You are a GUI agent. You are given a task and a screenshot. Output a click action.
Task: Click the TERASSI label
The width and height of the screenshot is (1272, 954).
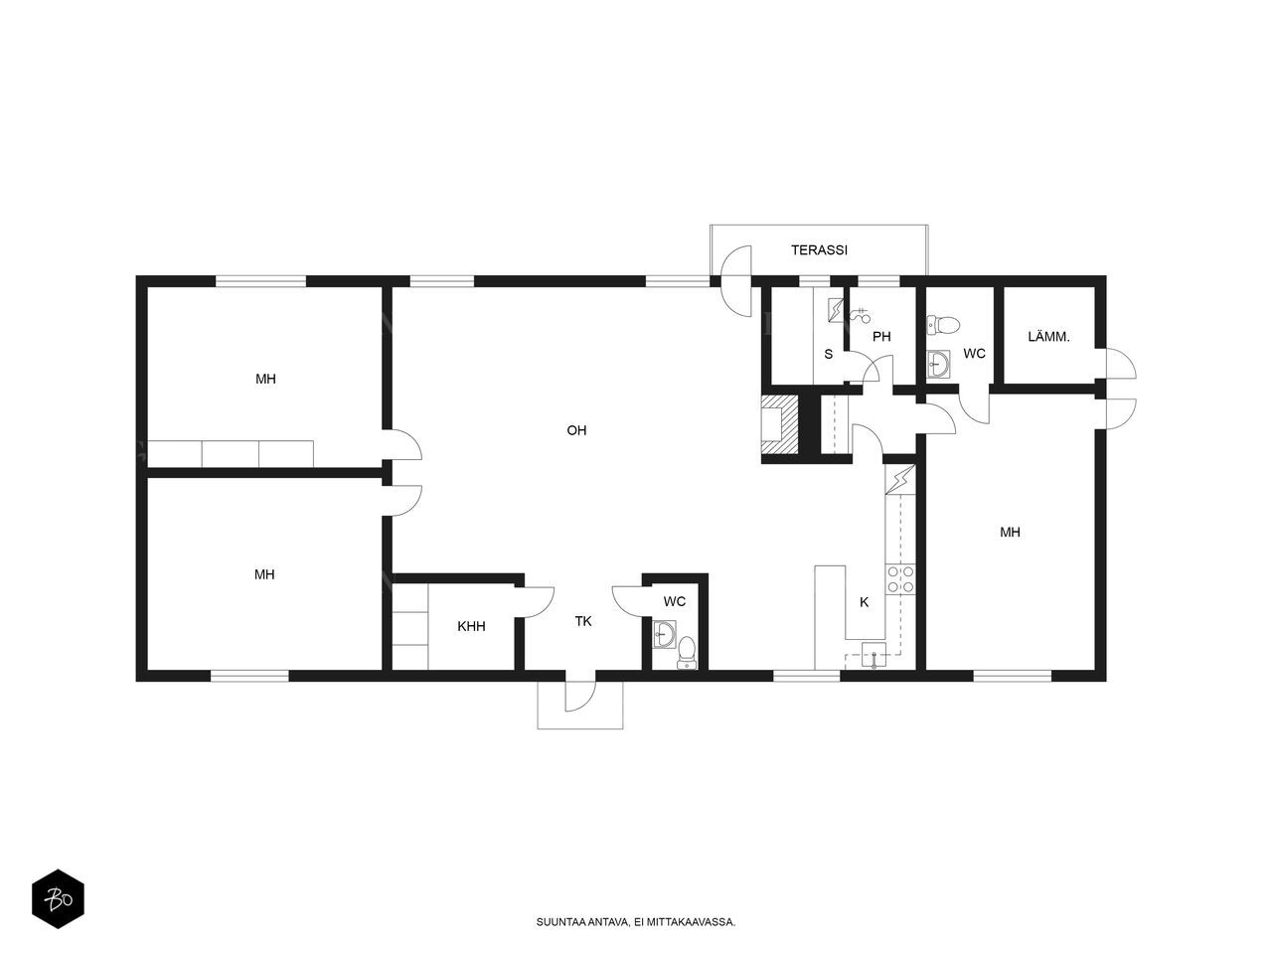[x=819, y=250]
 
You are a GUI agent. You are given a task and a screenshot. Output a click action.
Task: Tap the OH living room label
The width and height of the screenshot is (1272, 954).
[x=576, y=430]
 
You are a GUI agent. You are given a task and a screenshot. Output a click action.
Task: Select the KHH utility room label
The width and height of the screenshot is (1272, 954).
[x=471, y=626]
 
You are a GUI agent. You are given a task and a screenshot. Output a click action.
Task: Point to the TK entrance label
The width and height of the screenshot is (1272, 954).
[x=583, y=621]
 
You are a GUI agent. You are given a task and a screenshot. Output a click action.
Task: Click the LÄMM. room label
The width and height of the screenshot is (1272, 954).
[x=1048, y=337]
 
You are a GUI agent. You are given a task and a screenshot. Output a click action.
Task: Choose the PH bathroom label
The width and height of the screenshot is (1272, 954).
[x=881, y=336]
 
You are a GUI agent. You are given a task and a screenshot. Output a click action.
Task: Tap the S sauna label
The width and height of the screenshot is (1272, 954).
[x=828, y=354]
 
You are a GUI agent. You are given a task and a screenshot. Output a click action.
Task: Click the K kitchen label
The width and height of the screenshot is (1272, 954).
[x=864, y=601]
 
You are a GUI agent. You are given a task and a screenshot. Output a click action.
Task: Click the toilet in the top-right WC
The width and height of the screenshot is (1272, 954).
[x=945, y=324]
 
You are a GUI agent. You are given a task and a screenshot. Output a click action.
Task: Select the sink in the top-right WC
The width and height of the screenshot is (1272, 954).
[x=937, y=362]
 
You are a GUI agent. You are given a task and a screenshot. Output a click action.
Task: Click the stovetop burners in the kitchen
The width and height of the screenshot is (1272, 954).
[x=900, y=579]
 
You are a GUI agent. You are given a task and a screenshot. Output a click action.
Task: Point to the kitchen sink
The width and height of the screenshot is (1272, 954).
[x=874, y=654]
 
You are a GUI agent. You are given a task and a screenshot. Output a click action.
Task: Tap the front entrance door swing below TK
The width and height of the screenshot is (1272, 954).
[x=579, y=696]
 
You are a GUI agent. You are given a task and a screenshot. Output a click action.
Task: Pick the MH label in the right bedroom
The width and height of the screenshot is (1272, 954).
[x=1010, y=532]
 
